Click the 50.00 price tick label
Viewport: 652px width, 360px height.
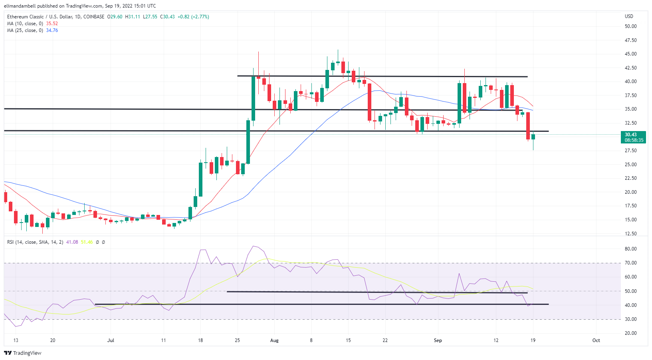point(630,26)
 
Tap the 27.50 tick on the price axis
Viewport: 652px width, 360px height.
point(630,151)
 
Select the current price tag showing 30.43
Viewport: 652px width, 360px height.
point(631,135)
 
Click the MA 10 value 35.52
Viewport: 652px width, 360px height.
point(52,24)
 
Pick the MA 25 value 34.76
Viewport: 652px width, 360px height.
point(52,30)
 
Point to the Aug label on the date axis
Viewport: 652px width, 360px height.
point(274,340)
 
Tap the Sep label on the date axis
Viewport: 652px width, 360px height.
point(438,340)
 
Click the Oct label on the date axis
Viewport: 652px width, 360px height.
point(596,340)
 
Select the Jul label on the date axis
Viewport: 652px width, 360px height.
point(111,340)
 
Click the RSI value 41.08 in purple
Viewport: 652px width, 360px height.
point(72,242)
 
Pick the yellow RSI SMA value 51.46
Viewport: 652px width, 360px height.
point(87,242)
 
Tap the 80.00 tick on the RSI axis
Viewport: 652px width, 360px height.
point(630,249)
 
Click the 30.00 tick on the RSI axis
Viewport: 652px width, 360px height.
point(630,319)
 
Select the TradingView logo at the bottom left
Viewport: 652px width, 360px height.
point(23,353)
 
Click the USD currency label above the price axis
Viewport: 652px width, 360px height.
point(629,16)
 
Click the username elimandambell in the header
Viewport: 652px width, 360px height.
point(20,6)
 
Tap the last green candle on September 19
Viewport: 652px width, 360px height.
point(533,137)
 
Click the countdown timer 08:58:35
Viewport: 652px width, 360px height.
point(634,140)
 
